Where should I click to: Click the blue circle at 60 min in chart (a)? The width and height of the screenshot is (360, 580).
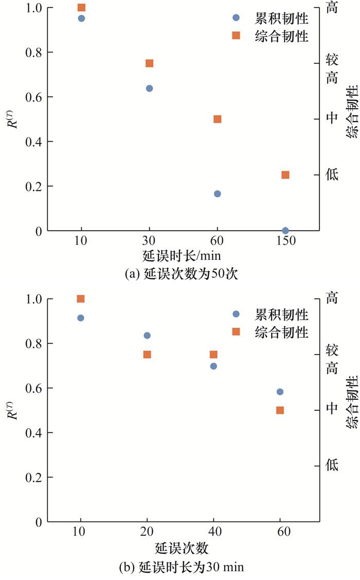[x=217, y=194]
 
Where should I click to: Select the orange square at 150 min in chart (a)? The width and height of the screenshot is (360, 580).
[x=285, y=175]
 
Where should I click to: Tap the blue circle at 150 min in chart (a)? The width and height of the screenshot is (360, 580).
[x=285, y=231]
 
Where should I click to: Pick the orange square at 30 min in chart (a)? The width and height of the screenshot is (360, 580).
[x=149, y=63]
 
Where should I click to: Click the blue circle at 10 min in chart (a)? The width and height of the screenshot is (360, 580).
[x=81, y=19]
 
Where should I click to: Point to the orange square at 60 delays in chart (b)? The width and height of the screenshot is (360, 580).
[x=280, y=410]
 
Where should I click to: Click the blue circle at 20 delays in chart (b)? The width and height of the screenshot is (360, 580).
[x=147, y=336]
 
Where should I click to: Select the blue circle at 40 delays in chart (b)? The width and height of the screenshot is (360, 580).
[x=213, y=366]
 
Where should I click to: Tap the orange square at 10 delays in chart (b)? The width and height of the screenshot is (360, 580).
[x=81, y=298]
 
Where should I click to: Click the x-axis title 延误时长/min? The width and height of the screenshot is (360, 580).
[x=183, y=256]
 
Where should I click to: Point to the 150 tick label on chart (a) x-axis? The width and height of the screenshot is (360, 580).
[x=285, y=241]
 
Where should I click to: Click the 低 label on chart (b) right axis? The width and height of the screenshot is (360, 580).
[x=332, y=466]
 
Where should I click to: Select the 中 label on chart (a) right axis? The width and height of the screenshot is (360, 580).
[x=332, y=118]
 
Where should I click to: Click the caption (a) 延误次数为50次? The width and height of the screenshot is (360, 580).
[x=183, y=274]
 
